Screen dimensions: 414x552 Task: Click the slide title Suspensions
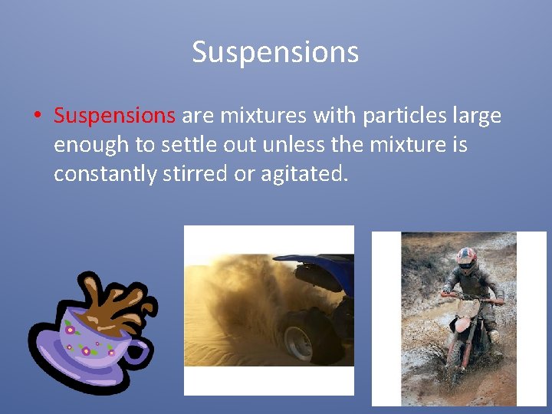(275, 52)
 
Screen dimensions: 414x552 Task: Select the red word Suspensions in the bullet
(115, 116)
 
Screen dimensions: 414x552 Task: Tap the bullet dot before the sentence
(37, 117)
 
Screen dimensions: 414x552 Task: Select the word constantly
(105, 174)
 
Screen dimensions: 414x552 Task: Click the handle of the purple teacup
(138, 352)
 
